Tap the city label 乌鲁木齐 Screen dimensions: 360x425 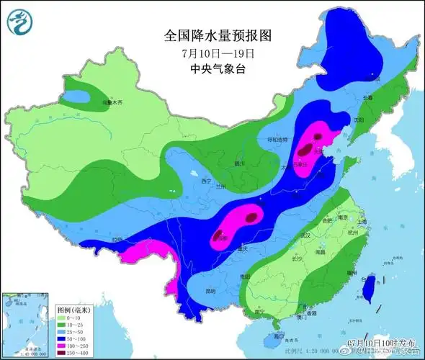pyautogui.click(x=112, y=104)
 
